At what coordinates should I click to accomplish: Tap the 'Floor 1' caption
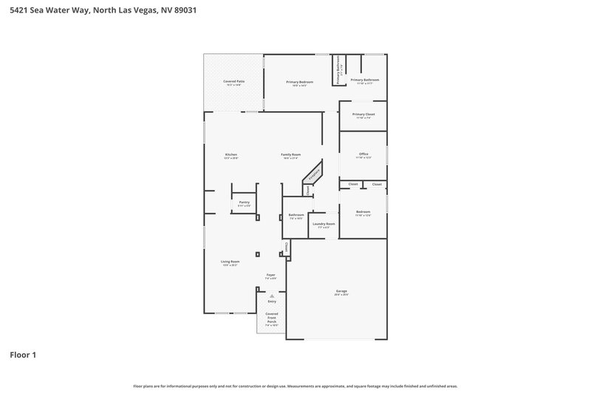(23, 355)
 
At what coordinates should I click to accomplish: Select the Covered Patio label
(234, 81)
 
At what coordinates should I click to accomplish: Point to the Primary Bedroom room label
(300, 82)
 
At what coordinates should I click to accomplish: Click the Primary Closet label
(363, 115)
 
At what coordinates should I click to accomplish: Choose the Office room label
(363, 154)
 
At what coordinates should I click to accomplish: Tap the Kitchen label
(231, 154)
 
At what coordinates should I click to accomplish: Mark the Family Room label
(290, 154)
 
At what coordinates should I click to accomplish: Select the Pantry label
(244, 202)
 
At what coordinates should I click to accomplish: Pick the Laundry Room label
(324, 224)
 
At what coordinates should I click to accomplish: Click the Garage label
(341, 291)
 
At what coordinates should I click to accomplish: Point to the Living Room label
(230, 262)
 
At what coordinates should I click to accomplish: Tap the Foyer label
(271, 275)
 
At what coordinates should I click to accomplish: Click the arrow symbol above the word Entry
(272, 296)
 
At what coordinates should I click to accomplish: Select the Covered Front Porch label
(272, 318)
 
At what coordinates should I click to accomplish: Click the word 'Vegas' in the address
(143, 11)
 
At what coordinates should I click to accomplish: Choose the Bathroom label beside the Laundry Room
(296, 215)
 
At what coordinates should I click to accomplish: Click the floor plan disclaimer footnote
(295, 386)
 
